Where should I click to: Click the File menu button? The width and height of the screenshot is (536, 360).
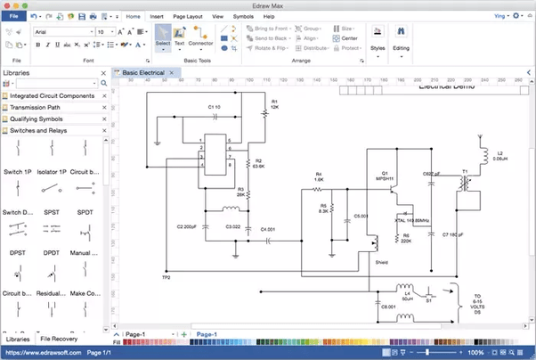14,16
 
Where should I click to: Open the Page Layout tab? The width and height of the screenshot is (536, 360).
187,16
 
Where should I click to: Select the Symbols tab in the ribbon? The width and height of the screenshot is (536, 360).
242,16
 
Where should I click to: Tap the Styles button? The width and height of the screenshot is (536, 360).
378,40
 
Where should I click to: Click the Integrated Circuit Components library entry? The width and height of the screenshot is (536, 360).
52,95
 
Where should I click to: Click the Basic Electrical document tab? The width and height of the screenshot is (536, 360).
145,71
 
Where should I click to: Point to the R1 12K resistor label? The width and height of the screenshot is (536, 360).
274,104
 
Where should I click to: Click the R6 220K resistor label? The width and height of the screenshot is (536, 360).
406,239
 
